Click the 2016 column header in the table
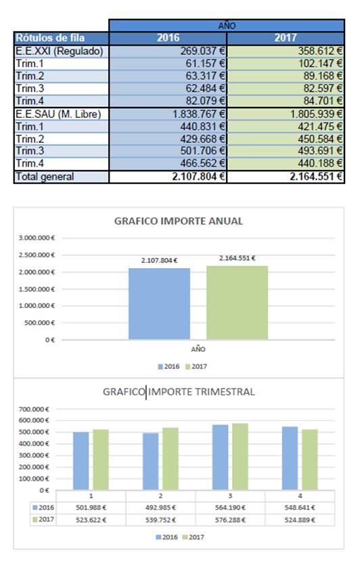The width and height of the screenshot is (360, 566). [x=168, y=38]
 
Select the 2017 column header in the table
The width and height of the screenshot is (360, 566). [x=286, y=38]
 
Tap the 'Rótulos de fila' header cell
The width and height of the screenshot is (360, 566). [x=62, y=38]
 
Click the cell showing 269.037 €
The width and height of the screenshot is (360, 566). [x=168, y=51]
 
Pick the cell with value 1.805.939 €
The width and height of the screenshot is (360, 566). [x=286, y=114]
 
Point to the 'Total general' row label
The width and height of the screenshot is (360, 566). [x=62, y=177]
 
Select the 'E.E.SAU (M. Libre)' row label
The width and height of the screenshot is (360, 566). [x=62, y=114]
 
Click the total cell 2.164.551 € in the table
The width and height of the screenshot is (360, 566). [x=286, y=177]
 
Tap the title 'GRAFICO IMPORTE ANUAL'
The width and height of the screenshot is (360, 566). [x=179, y=221]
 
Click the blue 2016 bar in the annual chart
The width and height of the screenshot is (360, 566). [x=159, y=303]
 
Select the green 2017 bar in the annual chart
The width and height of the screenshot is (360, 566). [x=237, y=303]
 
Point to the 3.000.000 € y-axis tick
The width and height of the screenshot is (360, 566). [x=37, y=238]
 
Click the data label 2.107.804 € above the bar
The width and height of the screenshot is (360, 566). [x=159, y=260]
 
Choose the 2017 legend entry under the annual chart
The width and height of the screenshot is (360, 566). [x=196, y=366]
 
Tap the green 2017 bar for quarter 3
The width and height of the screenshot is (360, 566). [x=240, y=456]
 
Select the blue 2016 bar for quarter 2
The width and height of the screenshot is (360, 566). [x=150, y=461]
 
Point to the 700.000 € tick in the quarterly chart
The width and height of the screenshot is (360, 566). [x=34, y=409]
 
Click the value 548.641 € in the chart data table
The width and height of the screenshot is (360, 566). [x=300, y=508]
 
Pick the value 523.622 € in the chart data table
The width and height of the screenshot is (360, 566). [x=91, y=520]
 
